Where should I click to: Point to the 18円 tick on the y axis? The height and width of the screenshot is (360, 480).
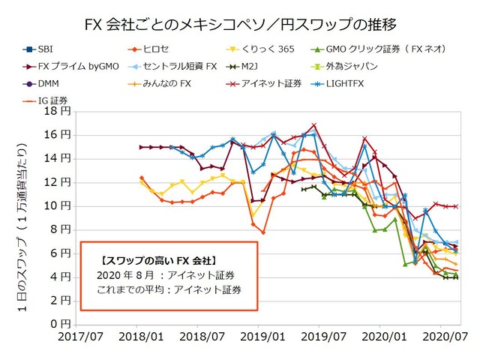[x=59, y=111]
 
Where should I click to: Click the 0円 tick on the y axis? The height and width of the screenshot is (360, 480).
[x=62, y=324]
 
